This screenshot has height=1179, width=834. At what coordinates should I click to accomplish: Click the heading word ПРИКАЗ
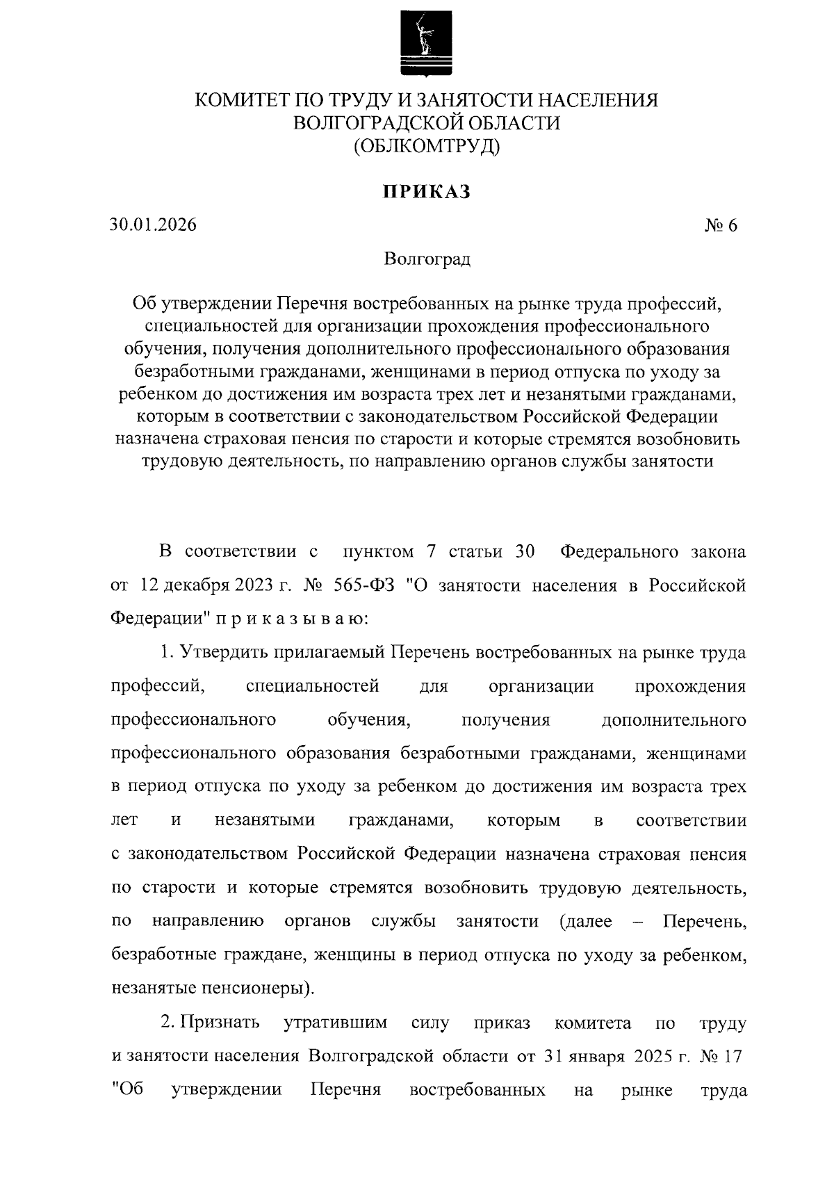point(426,191)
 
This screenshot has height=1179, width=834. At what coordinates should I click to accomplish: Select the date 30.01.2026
point(153,225)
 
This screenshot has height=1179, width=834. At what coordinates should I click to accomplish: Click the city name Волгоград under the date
point(426,259)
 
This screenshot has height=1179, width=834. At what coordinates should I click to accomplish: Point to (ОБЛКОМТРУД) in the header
point(426,146)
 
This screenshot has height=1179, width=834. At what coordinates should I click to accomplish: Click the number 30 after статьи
point(525,552)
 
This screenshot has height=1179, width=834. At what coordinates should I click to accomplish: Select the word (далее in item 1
point(585,922)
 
